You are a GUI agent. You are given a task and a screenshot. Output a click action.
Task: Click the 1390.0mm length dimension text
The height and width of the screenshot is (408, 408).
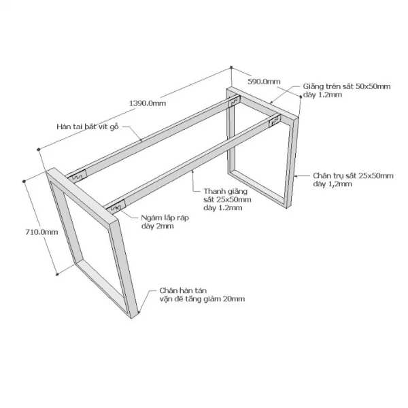(148, 103)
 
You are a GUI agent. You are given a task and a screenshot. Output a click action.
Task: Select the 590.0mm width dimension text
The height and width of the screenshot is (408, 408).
(264, 82)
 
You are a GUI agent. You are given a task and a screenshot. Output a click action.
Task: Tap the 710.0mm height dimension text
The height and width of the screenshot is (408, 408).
(41, 232)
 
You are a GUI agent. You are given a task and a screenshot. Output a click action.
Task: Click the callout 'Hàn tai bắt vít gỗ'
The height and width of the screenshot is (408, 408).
(88, 126)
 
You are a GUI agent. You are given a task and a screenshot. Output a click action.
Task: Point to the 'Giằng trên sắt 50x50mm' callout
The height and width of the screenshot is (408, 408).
(347, 86)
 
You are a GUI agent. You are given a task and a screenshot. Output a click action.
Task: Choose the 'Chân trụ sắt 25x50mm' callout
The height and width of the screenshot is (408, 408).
(353, 175)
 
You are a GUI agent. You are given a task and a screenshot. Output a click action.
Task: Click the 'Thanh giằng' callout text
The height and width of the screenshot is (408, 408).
(226, 192)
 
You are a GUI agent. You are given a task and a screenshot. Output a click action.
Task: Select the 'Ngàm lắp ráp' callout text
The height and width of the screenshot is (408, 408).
(165, 218)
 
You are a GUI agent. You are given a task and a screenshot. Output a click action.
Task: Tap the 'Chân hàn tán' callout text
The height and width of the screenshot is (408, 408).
(183, 290)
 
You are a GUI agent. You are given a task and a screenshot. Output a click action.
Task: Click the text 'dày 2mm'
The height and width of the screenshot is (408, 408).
(158, 226)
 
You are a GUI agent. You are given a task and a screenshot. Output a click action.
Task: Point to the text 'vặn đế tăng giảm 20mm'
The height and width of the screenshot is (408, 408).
(202, 299)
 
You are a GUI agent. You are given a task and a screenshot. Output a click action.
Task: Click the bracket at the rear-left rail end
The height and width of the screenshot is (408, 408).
(234, 101)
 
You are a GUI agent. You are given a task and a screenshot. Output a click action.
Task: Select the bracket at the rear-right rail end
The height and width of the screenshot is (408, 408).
(275, 121)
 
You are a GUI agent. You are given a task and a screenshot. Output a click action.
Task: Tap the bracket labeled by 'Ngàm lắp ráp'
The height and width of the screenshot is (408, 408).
(116, 207)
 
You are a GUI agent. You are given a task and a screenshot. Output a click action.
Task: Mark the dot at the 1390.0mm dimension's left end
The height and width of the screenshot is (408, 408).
(39, 149)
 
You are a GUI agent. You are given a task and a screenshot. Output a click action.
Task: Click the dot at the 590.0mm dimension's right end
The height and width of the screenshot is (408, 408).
(301, 97)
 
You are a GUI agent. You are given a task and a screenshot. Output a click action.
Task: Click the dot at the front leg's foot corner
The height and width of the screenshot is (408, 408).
(139, 312)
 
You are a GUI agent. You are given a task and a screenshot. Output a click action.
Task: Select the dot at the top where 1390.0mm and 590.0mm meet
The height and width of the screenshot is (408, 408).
(231, 67)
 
